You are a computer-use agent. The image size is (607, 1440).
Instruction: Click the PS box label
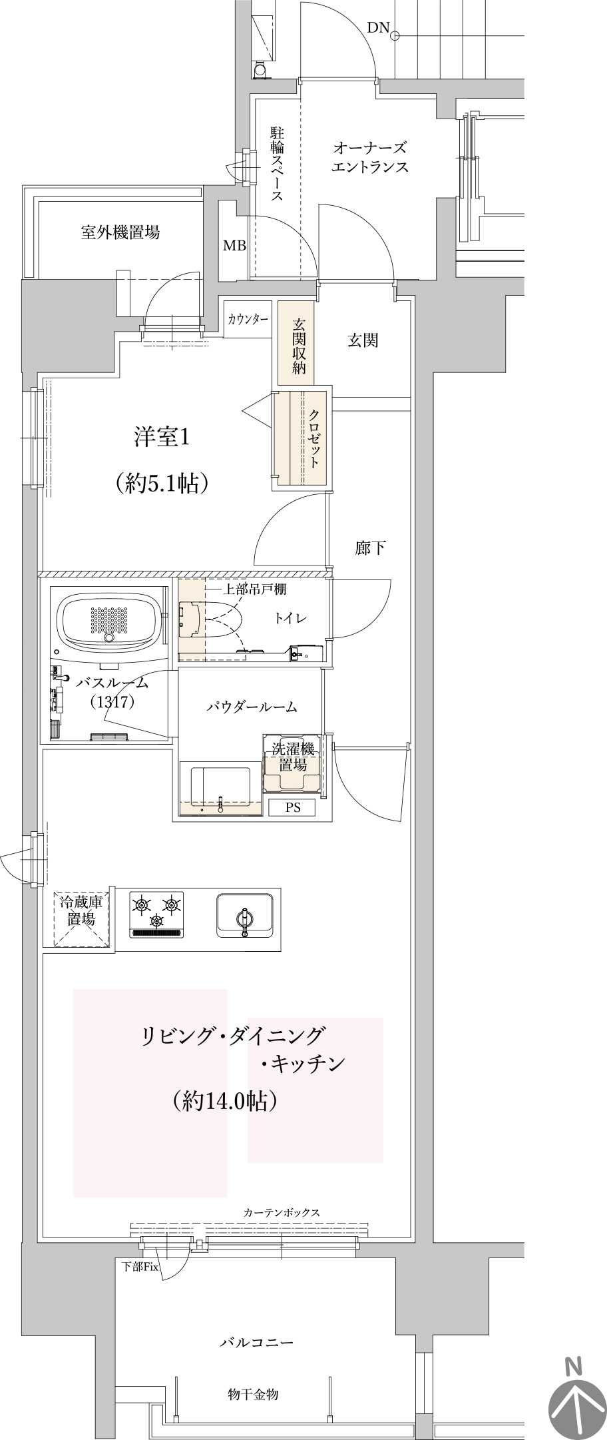point(293,808)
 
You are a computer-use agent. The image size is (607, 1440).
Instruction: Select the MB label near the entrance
point(234,246)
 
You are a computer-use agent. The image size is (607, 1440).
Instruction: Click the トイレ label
point(291,617)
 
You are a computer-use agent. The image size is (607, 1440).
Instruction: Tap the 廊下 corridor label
point(370,548)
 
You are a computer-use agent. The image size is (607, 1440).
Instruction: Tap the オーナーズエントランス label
point(369,157)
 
